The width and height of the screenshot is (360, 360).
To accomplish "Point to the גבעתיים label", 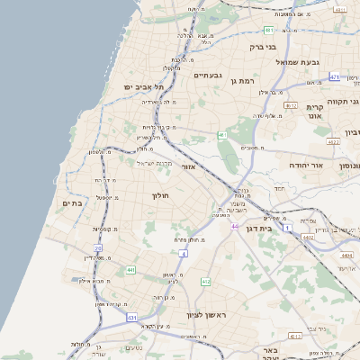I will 213,76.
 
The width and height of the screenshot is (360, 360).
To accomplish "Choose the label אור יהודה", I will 298,166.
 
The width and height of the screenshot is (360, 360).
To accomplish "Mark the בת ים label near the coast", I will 72,204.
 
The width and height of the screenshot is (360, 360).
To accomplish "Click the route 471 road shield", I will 334,77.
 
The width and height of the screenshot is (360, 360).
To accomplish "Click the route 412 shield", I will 206,282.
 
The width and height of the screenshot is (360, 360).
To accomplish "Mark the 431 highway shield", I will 132,318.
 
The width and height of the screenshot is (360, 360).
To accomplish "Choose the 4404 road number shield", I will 348,256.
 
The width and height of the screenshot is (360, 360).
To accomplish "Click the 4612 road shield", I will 290,105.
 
